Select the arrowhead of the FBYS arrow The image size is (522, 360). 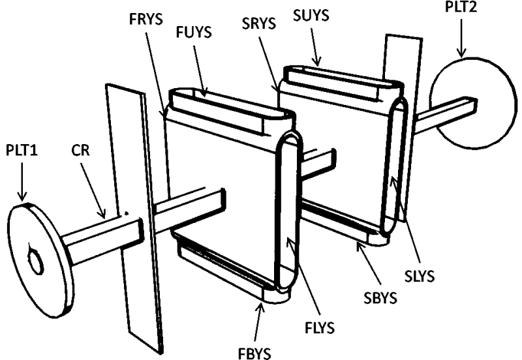[x=263, y=307]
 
